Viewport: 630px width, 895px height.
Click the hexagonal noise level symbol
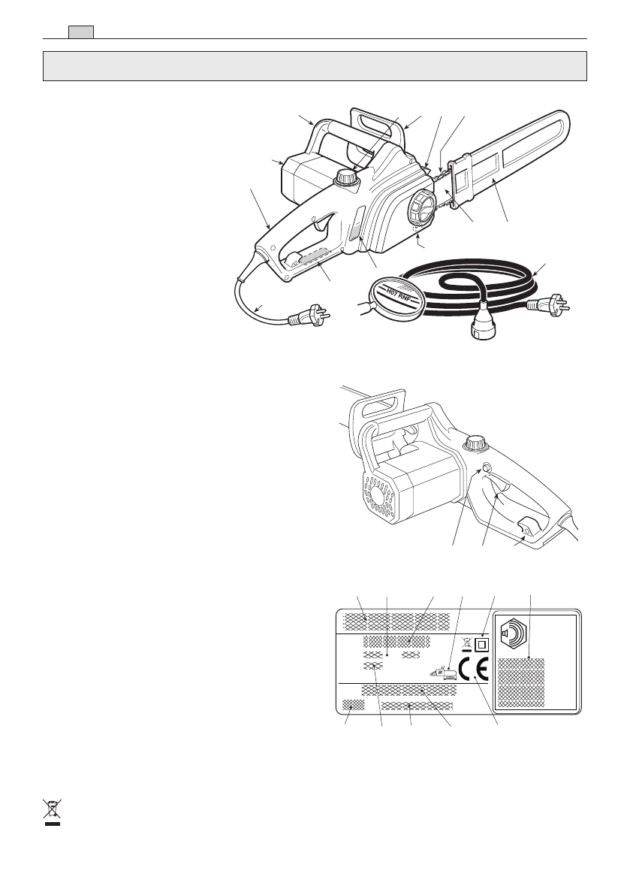pos(518,635)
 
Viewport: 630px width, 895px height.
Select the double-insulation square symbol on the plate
pos(482,644)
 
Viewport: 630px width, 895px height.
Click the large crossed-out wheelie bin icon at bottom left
pos(51,812)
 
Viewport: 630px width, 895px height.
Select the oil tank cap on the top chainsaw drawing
pos(345,179)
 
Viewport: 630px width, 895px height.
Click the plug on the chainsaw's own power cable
pos(309,319)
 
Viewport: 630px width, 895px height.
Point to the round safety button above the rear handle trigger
pos(486,470)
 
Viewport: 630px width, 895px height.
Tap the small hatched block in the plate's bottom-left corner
pos(353,705)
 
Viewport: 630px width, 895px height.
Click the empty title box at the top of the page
pos(315,65)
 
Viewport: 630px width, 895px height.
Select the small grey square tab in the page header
pos(80,32)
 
